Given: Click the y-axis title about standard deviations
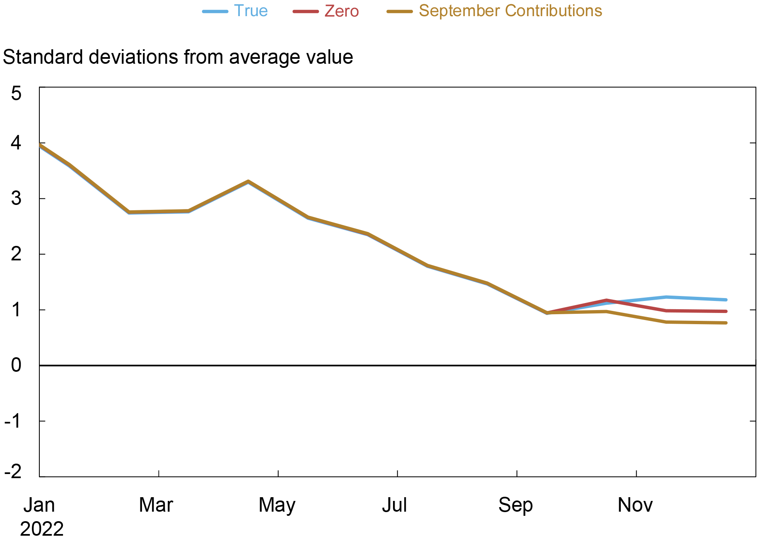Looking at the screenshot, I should coord(178,57).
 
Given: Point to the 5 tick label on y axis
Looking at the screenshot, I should coord(16,94).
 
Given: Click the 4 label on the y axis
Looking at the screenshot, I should coord(16,143).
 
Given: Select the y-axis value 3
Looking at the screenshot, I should coord(16,199).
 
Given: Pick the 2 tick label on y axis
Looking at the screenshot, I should coord(16,254).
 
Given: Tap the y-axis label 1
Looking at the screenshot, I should coord(16,310).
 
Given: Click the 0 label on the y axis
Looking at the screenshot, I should coord(16,366).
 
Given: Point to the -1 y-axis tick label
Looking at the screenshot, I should coord(13,421).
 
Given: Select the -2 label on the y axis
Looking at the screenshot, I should coord(13,472).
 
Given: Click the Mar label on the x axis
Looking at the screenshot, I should coord(156,505).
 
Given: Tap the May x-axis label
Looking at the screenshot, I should coord(277,505).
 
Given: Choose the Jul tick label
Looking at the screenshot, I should coord(395,505).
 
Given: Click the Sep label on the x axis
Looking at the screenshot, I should coord(516,505).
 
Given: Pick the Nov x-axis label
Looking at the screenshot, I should coord(635,505).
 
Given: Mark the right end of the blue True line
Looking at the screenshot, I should coord(726,300).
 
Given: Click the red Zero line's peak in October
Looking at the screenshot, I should coord(606,301).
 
